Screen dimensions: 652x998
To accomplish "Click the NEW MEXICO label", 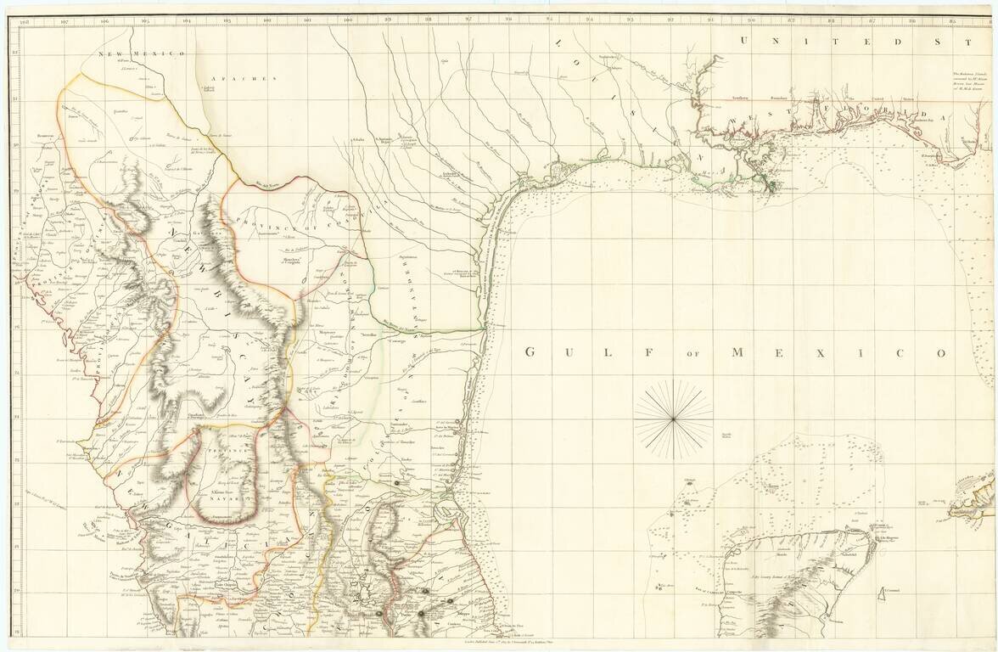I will pyautogui.click(x=142, y=54).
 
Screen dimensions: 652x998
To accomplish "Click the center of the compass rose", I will pyautogui.click(x=673, y=418).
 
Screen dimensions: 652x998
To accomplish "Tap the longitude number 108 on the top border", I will pyautogui.click(x=23, y=20).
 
